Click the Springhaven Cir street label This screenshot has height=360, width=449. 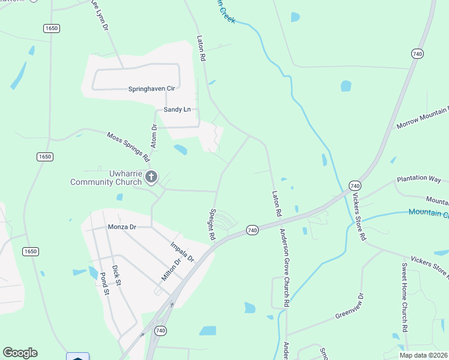(151, 89)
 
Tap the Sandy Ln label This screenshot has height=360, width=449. (177, 110)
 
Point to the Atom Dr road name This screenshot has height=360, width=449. (154, 136)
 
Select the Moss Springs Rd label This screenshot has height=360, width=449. (128, 147)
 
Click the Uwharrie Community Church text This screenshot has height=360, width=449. (105, 178)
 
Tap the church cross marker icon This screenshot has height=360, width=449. (151, 177)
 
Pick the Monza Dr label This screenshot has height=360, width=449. (122, 227)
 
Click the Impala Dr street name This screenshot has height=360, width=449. (182, 252)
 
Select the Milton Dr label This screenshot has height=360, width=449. (171, 269)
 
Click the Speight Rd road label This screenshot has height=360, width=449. (212, 224)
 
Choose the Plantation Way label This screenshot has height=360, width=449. (418, 179)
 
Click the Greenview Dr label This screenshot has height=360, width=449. (349, 307)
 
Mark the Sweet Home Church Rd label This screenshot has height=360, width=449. (405, 298)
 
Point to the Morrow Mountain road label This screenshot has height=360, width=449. (422, 118)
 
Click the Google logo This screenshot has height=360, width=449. (20, 353)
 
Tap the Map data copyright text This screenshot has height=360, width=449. (424, 355)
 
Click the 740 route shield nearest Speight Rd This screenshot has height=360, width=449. (252, 230)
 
